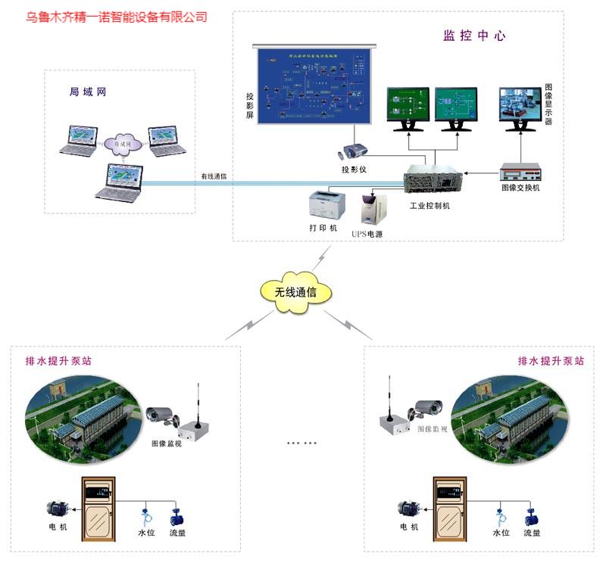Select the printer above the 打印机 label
(x=327, y=204)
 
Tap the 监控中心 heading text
(x=473, y=36)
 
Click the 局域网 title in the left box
(x=87, y=92)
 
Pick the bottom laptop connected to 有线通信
(x=121, y=180)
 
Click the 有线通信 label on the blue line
(x=214, y=176)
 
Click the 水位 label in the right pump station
(x=501, y=533)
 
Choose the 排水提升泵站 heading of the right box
(x=551, y=362)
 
